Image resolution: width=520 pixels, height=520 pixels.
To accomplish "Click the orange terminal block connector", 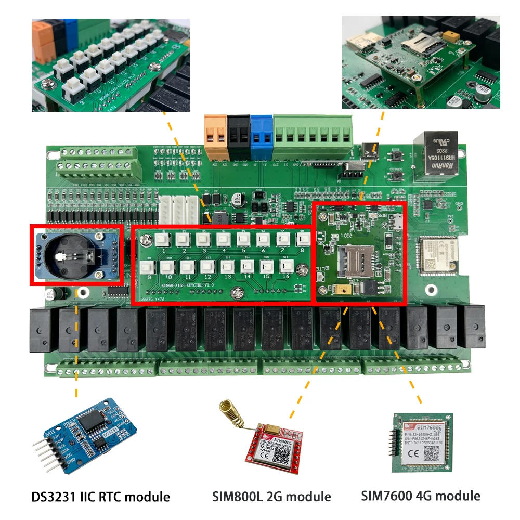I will click(215, 136).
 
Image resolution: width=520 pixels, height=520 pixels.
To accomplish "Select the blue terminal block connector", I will click(261, 136).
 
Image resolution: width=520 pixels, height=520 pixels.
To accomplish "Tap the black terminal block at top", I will click(238, 136).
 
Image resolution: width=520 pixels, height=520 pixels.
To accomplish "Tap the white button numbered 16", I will click(285, 267).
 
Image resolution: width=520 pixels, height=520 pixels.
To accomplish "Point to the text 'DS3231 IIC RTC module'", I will click(99, 497).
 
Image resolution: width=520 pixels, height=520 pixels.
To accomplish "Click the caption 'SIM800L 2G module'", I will click(271, 497).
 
